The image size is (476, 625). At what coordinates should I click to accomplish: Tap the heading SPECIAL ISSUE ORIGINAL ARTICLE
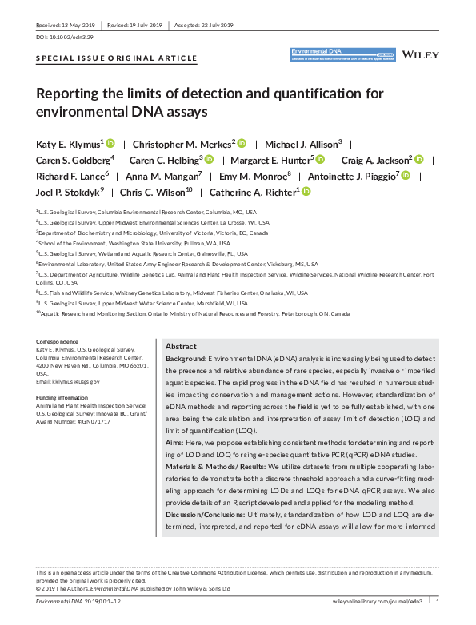pyautogui.click(x=117, y=59)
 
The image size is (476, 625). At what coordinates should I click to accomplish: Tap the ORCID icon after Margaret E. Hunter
pyautogui.click(x=319, y=160)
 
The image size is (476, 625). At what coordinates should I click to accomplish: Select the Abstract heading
pyautogui.click(x=180, y=347)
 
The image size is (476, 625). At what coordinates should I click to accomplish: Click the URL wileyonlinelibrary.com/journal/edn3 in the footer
pyautogui.click(x=375, y=599)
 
